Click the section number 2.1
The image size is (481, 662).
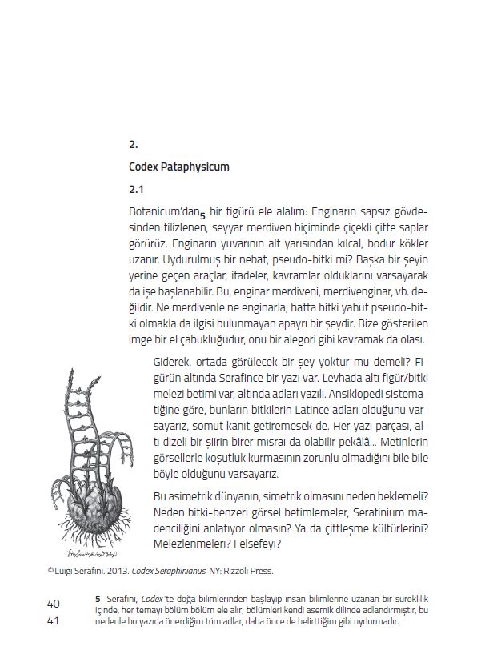pyautogui.click(x=135, y=191)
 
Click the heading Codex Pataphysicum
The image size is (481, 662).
pyautogui.click(x=179, y=167)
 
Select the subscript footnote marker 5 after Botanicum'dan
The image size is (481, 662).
pyautogui.click(x=203, y=215)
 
